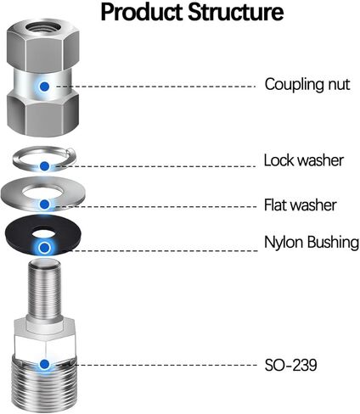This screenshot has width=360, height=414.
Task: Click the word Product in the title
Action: [x=142, y=12]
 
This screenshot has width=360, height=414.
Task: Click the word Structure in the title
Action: [x=236, y=12]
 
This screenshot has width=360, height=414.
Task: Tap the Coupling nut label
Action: [x=307, y=85]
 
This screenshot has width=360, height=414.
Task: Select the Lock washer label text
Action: [x=304, y=160]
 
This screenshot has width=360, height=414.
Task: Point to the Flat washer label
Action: [x=301, y=204]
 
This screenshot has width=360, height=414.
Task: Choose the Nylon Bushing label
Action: [x=312, y=243]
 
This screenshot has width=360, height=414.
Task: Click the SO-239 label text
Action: [x=290, y=365]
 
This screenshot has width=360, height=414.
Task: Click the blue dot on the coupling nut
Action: [x=44, y=87]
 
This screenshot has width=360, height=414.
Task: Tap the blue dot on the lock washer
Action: [x=44, y=166]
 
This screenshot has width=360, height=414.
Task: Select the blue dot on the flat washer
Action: [x=44, y=204]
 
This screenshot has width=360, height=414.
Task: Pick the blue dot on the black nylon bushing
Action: [x=44, y=248]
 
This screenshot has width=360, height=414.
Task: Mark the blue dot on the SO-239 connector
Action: [x=44, y=364]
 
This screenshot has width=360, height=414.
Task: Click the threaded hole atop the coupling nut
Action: [x=42, y=28]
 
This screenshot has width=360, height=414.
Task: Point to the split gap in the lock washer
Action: [x=70, y=152]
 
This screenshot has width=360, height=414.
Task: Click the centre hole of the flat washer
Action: [x=42, y=191]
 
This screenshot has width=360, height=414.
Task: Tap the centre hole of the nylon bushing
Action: [x=43, y=234]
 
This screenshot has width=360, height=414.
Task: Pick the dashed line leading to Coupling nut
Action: [x=155, y=87]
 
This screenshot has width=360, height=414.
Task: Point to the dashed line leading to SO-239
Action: [x=156, y=365]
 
